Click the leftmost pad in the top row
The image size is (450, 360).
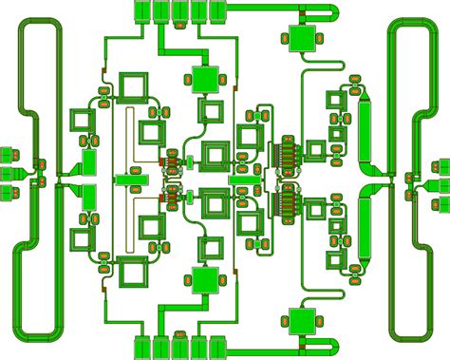141,10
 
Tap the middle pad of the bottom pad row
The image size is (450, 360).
179,348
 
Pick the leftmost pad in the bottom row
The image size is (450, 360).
141,348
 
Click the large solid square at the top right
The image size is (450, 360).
304,39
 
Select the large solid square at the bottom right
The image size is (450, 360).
304,321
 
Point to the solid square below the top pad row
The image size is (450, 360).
204,78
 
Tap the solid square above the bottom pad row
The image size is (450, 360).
204,280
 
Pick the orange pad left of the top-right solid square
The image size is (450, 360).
285,39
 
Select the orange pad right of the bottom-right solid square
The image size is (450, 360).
324,321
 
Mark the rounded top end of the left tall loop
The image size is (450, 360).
37,23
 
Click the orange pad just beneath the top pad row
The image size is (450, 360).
179,26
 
